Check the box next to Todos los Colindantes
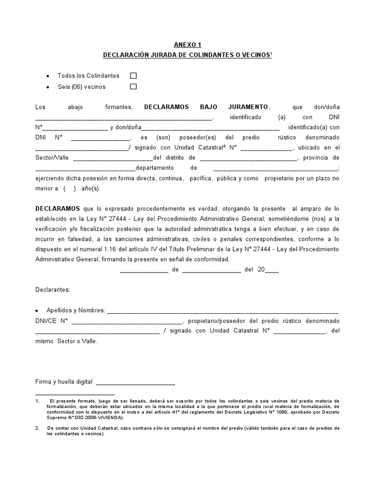coord(133,76)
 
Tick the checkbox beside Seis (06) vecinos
coord(133,87)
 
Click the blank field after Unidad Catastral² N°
coord(266,148)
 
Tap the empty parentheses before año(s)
coord(70,189)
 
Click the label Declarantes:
coord(53,290)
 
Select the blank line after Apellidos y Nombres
coord(222,311)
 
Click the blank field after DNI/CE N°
coord(126,321)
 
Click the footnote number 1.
coord(37,401)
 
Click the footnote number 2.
coord(37,428)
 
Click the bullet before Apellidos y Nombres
coord(38,310)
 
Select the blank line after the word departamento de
coord(275,169)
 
